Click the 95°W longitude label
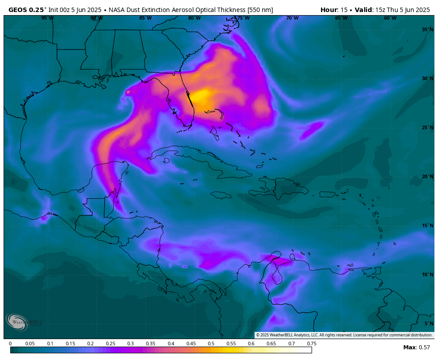coord(47,18)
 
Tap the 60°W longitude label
coord(390,18)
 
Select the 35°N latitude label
coord(427,29)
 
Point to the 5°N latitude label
coord(429,323)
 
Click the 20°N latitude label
coord(427,176)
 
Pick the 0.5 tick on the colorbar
coord(211,344)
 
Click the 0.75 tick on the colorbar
coord(312,344)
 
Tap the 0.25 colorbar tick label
coord(110,344)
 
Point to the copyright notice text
coord(344,335)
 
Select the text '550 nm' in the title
coord(260,10)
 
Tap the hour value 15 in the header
coord(344,10)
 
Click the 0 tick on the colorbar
coord(10,344)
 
